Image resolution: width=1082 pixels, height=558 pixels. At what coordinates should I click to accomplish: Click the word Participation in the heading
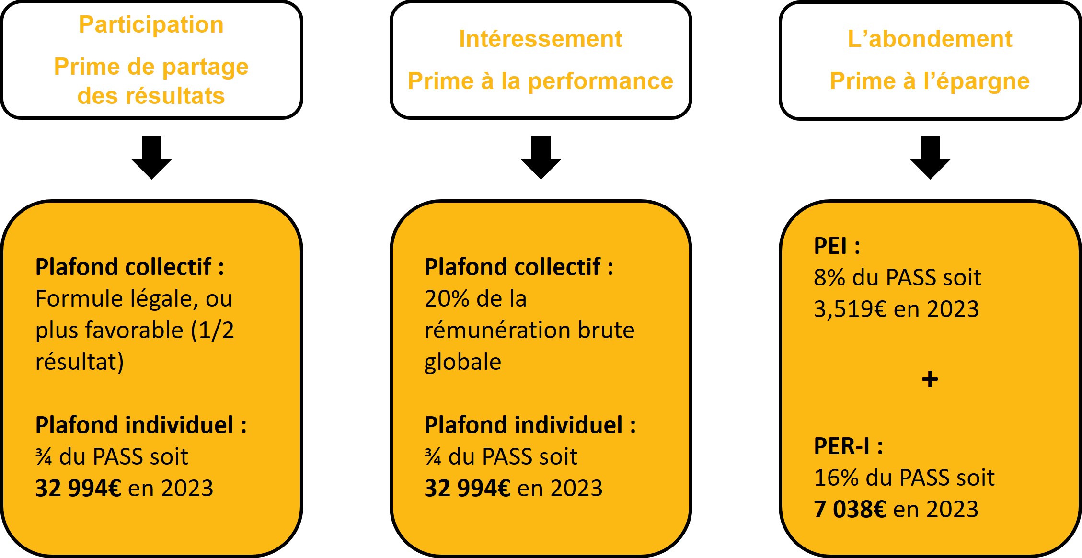click(151, 25)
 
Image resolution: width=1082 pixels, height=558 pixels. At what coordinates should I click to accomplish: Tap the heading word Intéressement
click(541, 39)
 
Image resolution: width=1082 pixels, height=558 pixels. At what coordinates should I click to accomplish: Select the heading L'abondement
click(930, 39)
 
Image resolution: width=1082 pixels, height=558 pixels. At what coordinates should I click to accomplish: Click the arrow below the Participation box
click(151, 158)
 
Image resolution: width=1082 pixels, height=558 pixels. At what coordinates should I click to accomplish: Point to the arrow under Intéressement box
click(541, 158)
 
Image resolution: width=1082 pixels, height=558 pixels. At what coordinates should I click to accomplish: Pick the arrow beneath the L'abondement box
click(930, 158)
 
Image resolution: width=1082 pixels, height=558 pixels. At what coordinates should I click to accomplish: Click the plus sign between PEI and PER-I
click(930, 379)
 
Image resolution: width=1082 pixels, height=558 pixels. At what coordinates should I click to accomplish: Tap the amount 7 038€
click(850, 509)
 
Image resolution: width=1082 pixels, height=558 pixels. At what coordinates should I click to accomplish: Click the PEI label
click(831, 246)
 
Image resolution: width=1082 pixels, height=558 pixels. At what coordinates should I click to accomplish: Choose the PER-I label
click(842, 446)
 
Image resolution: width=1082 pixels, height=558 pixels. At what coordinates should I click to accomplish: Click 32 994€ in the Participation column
click(78, 489)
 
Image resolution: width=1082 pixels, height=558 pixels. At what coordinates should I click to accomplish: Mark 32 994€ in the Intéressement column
click(467, 489)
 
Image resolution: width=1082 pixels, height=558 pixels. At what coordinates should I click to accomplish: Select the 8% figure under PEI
click(829, 278)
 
